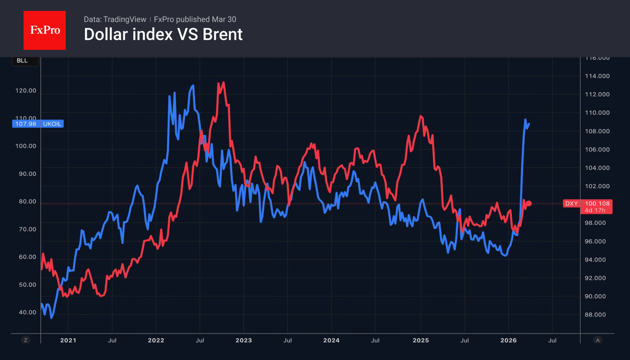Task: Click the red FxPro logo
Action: (44, 30)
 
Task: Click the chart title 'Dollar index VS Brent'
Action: (163, 35)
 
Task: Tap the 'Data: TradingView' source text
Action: (115, 19)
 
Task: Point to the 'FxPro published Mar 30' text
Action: (195, 19)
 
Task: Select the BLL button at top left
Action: (23, 61)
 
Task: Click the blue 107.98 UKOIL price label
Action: (38, 124)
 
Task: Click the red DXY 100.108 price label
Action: (587, 206)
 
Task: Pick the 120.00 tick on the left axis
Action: (26, 90)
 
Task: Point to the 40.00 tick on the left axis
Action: (27, 312)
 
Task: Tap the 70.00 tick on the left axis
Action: (27, 229)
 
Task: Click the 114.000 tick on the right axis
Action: (597, 76)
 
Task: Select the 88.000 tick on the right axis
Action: (597, 315)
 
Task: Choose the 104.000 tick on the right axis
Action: (597, 168)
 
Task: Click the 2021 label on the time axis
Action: (68, 340)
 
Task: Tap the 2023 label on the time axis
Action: (243, 340)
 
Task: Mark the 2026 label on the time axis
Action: (508, 340)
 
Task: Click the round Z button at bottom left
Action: (26, 340)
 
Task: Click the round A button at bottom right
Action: (597, 340)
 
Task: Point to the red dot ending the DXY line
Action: (529, 203)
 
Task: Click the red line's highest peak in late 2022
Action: (223, 83)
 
